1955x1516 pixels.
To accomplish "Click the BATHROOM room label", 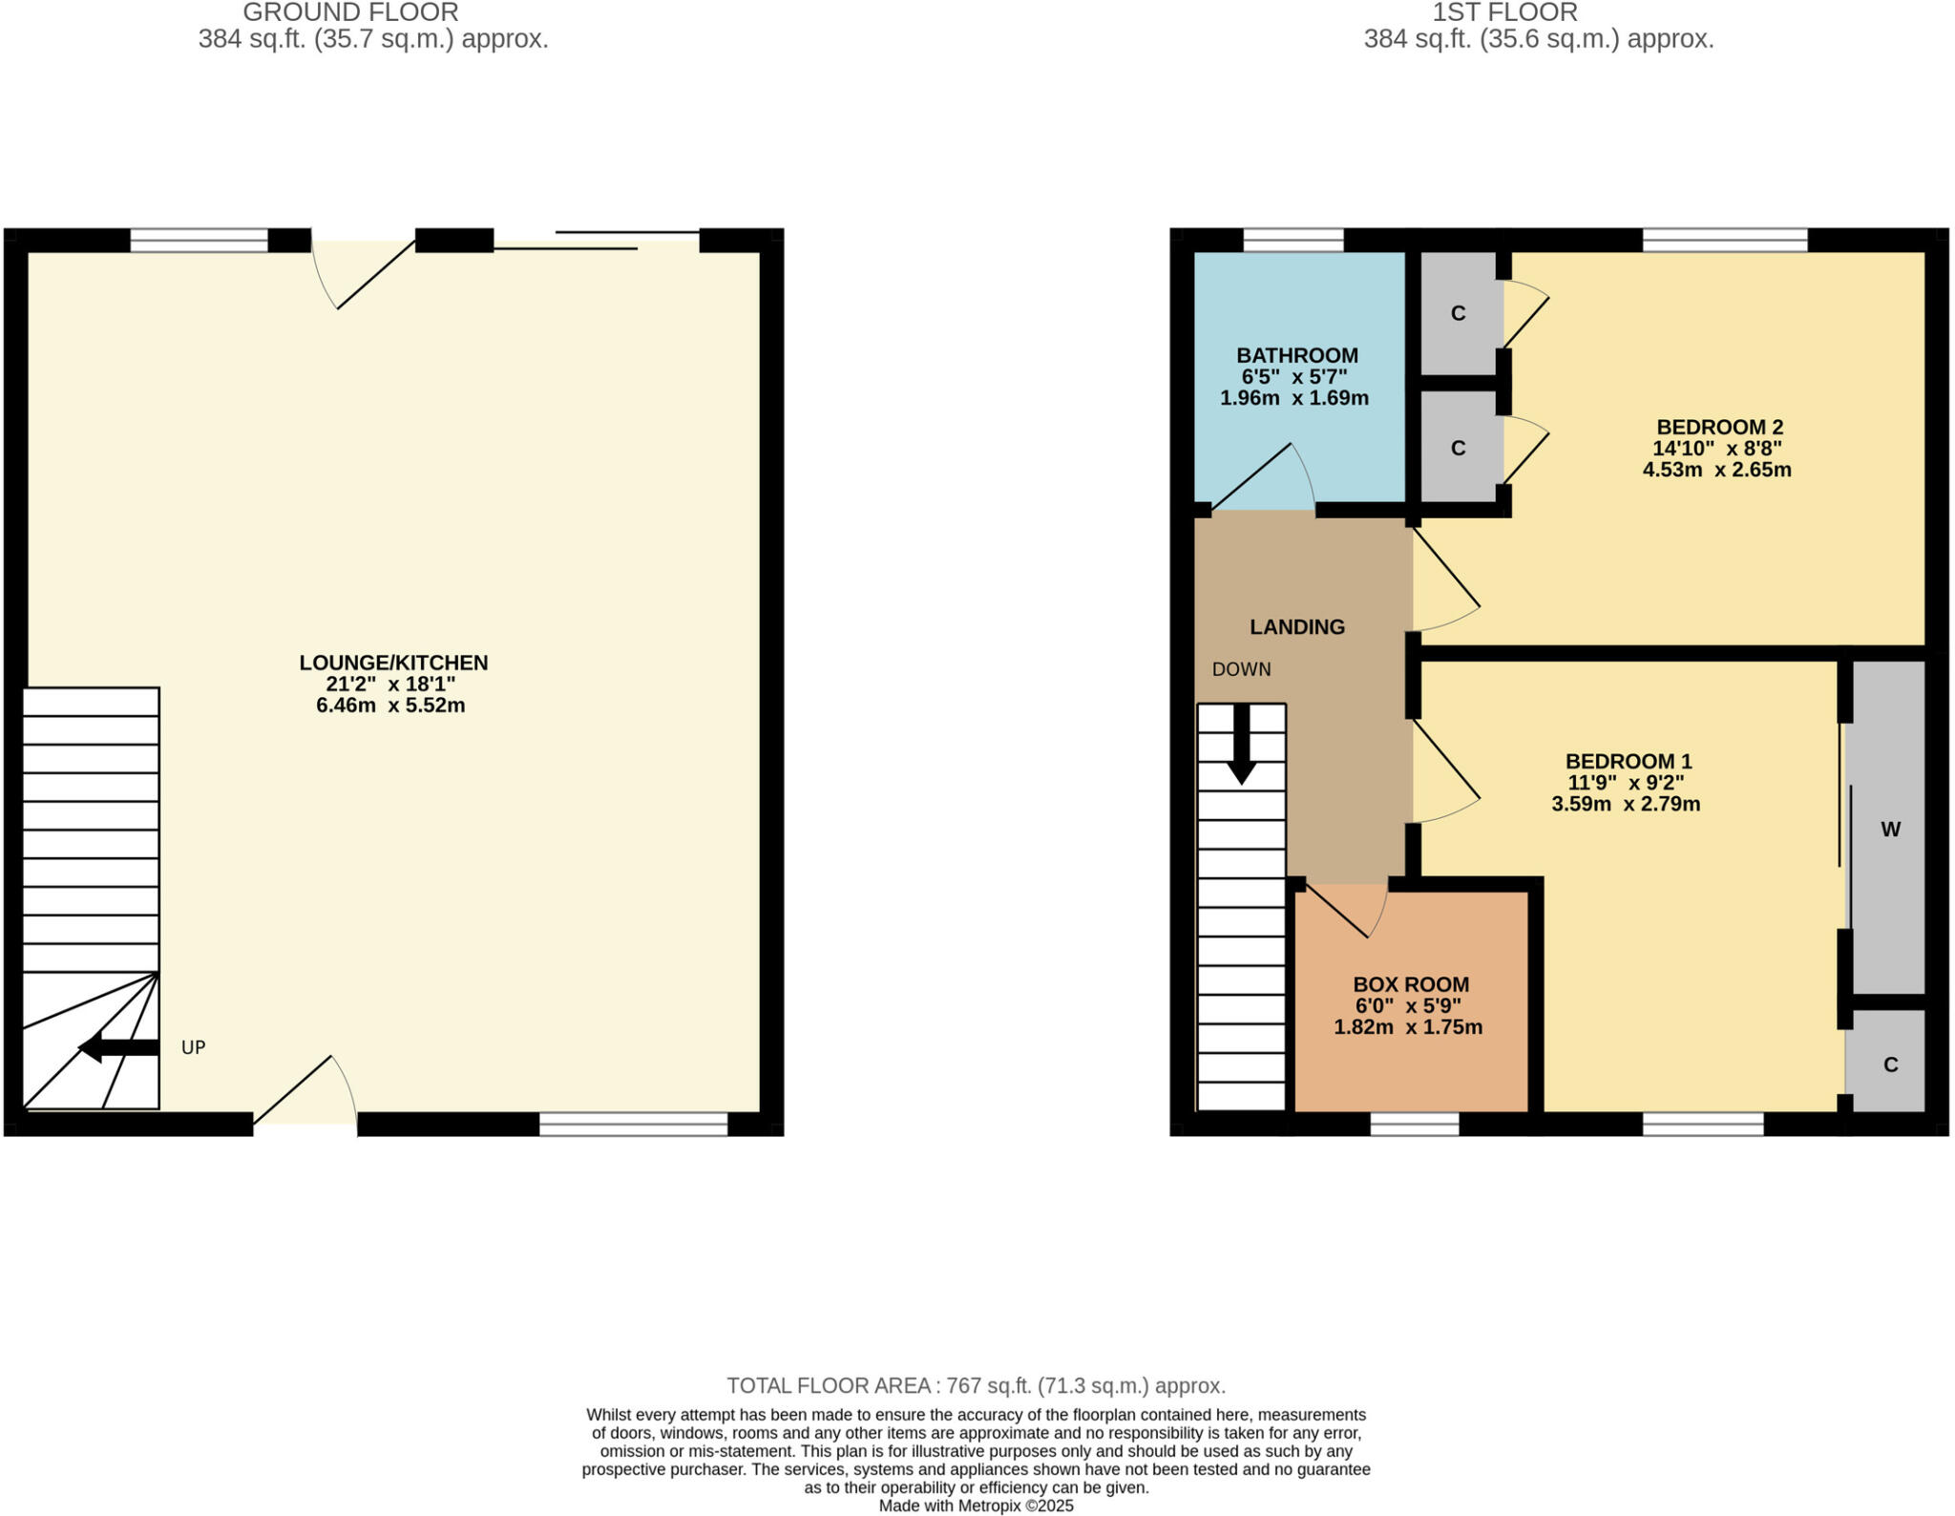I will pos(1296,355).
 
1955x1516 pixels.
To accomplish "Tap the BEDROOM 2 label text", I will pos(1719,427).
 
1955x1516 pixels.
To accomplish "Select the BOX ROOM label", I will pos(1411,984).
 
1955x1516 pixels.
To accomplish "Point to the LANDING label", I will pos(1297,627).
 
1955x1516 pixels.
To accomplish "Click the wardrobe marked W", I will pos(1889,830).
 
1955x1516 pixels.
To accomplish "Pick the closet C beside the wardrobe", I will pos(1889,1064).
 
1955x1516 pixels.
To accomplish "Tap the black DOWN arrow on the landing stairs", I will pos(1241,745).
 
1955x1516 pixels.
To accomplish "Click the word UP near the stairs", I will pos(194,1047).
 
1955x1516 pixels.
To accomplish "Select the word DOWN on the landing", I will pos(1241,669).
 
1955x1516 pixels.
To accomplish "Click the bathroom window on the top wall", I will pos(1293,240).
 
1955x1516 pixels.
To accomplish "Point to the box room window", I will pos(1414,1124).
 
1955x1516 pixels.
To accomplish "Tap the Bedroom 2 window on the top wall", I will pos(1724,240).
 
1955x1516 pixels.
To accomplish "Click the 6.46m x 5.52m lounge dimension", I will pos(390,705).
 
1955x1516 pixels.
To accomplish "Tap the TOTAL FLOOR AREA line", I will pos(976,1385).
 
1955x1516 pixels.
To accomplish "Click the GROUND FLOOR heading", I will pos(350,12).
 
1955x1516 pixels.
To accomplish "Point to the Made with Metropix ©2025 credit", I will pos(976,1505).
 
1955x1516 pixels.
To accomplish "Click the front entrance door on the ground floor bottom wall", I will pos(305,1098).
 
